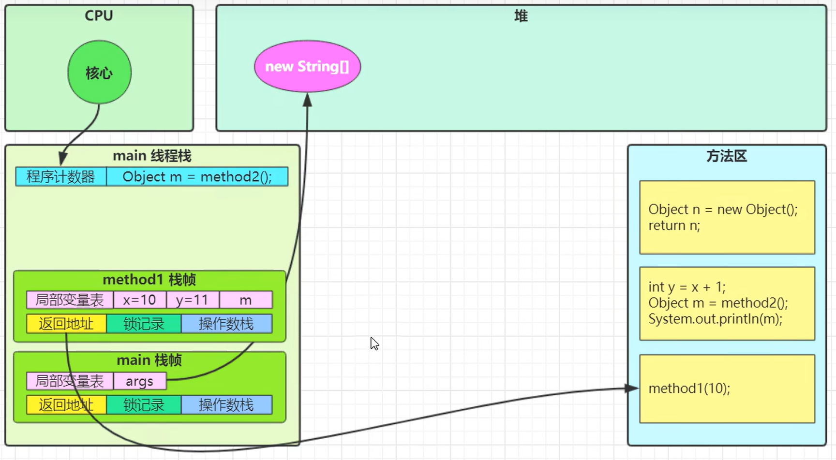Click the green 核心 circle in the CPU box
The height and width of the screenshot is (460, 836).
(99, 72)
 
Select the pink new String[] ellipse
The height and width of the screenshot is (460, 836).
(307, 66)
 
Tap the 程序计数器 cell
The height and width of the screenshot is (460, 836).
(60, 176)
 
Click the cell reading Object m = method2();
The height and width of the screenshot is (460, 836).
(197, 176)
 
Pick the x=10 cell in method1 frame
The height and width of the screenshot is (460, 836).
(139, 300)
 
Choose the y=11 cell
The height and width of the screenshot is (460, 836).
(192, 300)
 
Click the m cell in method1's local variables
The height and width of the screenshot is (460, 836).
(245, 300)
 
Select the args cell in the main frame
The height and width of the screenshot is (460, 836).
(139, 381)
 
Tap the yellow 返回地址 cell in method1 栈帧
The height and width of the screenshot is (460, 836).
(66, 324)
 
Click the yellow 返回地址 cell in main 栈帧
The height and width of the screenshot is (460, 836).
(66, 405)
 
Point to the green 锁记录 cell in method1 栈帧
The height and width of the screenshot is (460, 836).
(144, 324)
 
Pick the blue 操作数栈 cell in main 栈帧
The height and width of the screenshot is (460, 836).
(226, 405)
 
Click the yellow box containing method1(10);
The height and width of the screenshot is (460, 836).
(727, 388)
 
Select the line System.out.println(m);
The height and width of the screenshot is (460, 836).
(715, 319)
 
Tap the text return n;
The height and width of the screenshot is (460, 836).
(674, 226)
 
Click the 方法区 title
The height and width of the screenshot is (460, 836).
(726, 156)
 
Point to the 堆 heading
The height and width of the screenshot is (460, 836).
(521, 16)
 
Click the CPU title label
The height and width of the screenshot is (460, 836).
(99, 15)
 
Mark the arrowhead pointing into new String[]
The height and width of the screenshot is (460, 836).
(307, 100)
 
